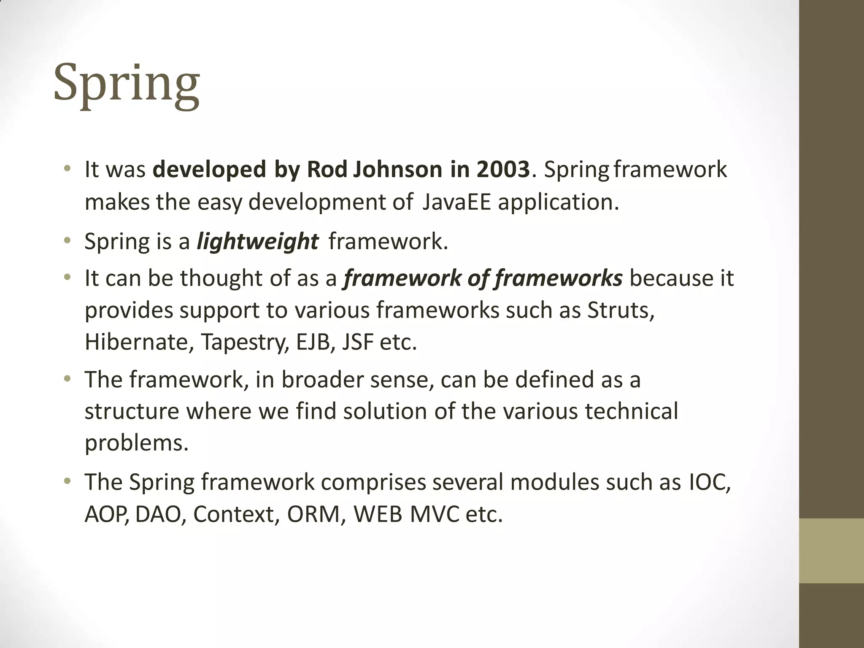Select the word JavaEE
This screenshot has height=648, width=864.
point(456,202)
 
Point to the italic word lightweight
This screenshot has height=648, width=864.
point(257,242)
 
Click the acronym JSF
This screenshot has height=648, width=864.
point(358,342)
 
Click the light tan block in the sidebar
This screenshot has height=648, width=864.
point(831,551)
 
